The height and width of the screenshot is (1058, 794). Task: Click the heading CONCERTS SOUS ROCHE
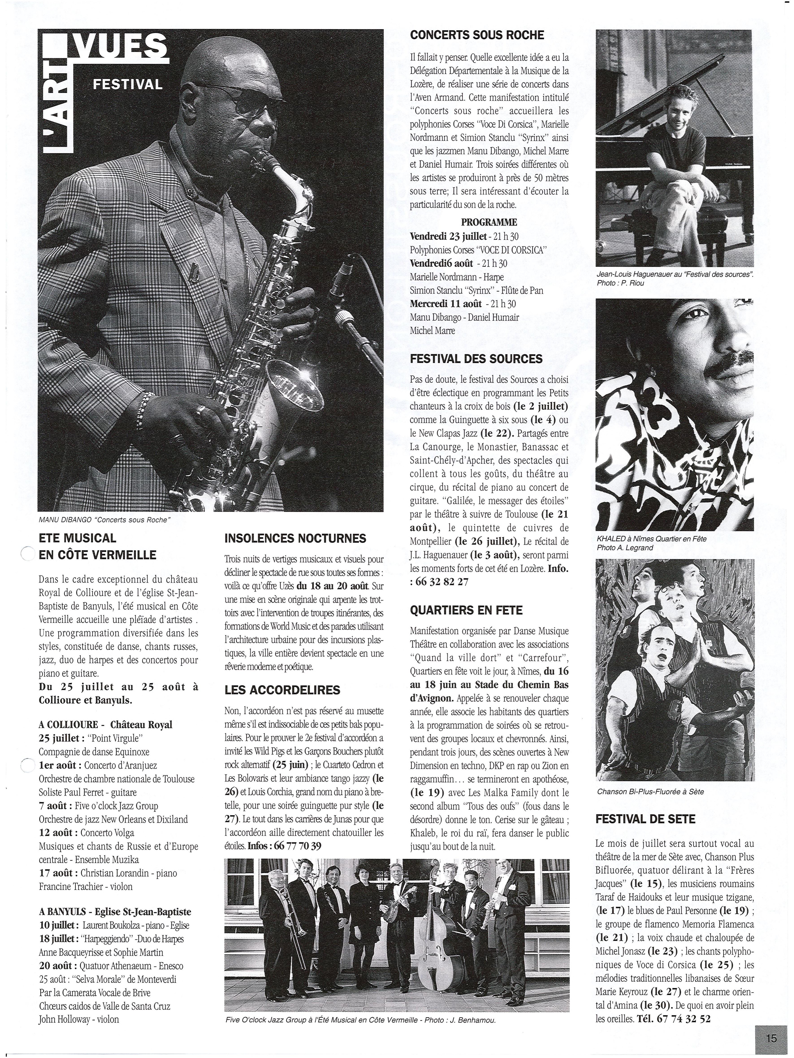pos(477,35)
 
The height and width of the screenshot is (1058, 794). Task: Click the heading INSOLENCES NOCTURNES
pos(295,538)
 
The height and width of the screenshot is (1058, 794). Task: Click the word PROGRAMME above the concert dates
pos(489,222)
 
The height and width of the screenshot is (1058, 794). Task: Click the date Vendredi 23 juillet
pos(448,236)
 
